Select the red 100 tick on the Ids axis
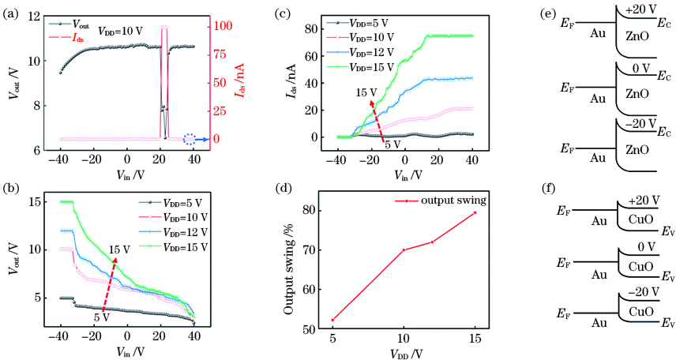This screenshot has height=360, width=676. pos(219,26)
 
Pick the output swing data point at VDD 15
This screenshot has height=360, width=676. pos(475,212)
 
